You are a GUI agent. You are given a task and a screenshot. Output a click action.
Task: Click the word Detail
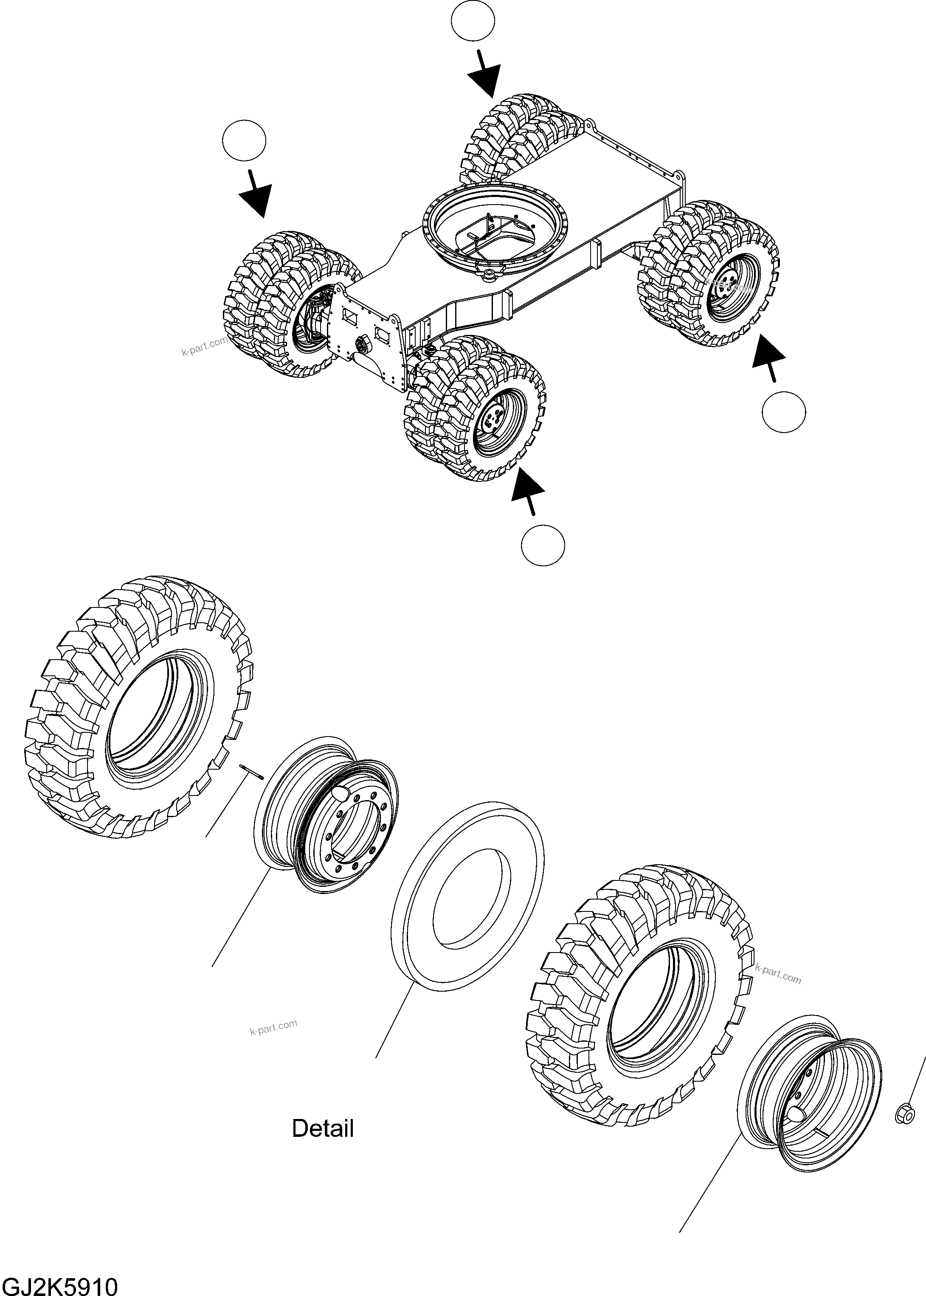[323, 1128]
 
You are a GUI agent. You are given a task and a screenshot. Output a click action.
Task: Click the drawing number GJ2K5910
[60, 1283]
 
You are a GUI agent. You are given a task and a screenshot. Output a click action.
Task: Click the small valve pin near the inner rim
[251, 770]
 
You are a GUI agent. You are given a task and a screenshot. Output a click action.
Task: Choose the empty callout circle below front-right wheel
[543, 545]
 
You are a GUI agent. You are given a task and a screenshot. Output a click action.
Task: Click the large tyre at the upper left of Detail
[140, 707]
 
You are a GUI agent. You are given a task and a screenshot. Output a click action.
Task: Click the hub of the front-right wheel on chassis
[492, 422]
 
